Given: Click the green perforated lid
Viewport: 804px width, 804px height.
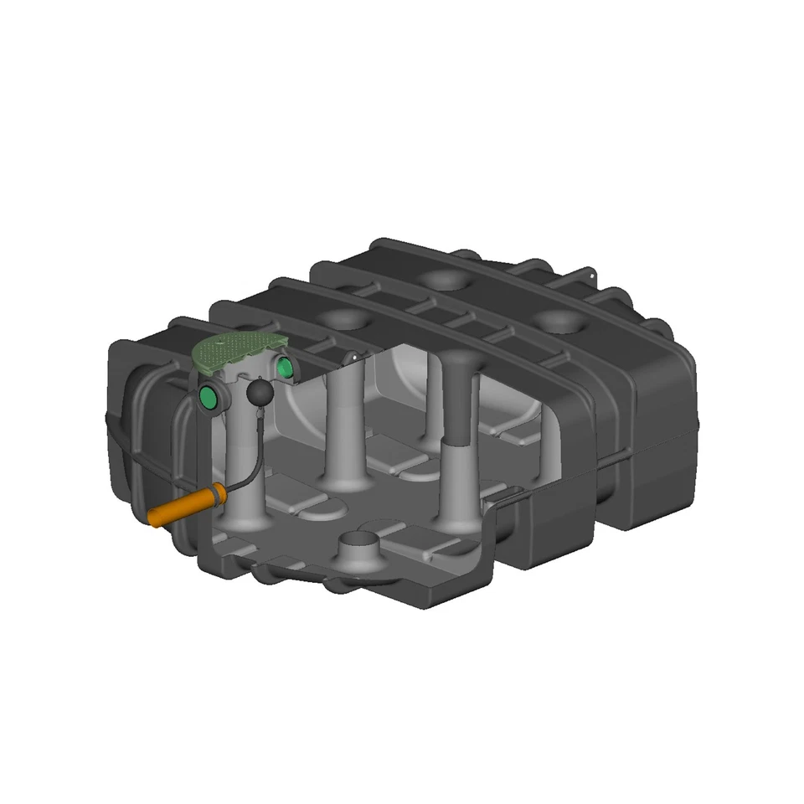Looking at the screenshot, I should pyautogui.click(x=239, y=352).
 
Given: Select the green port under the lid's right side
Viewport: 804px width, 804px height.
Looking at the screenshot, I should pyautogui.click(x=283, y=367).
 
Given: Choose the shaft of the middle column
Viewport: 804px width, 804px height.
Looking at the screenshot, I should pyautogui.click(x=344, y=419).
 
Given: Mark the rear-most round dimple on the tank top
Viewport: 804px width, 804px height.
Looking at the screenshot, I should pyautogui.click(x=445, y=281).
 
